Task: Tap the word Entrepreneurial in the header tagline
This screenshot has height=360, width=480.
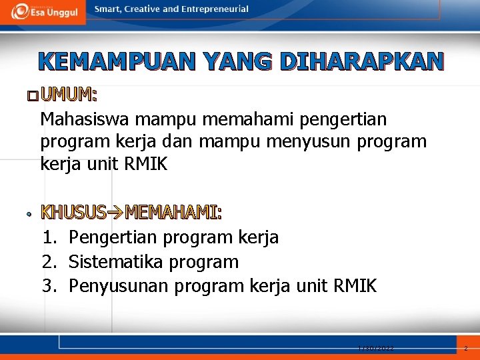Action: pos(216,9)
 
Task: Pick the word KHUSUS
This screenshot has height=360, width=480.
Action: pos(73,213)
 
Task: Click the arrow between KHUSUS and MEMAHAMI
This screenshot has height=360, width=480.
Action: pos(115,213)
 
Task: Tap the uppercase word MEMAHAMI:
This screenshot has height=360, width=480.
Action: pos(173,213)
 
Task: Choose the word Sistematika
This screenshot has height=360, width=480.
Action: pos(116,262)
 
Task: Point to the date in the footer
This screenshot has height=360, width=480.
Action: pos(375,348)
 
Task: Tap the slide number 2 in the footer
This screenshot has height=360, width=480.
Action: pos(466,348)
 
